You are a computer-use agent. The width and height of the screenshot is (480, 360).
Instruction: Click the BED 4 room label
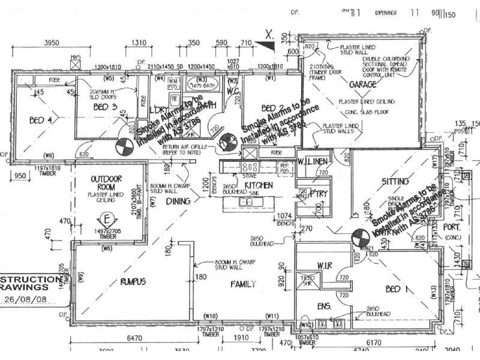pos(41,120)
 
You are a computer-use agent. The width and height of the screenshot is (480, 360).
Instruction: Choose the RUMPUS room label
pos(134,281)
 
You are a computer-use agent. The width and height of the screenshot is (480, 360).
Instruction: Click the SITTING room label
pos(395,181)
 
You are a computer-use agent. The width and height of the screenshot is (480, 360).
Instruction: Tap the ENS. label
pos(323,306)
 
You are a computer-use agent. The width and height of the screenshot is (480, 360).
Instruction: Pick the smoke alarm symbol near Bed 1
pos(359,236)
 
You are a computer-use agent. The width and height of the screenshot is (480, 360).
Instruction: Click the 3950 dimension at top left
pos(54,43)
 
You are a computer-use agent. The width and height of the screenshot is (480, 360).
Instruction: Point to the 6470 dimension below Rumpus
pos(136,339)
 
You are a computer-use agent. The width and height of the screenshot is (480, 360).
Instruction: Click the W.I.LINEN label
pos(311,161)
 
